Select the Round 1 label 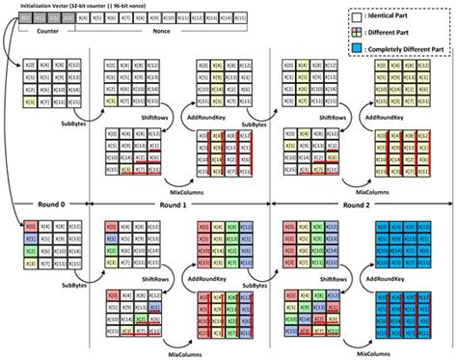tap(180, 205)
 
